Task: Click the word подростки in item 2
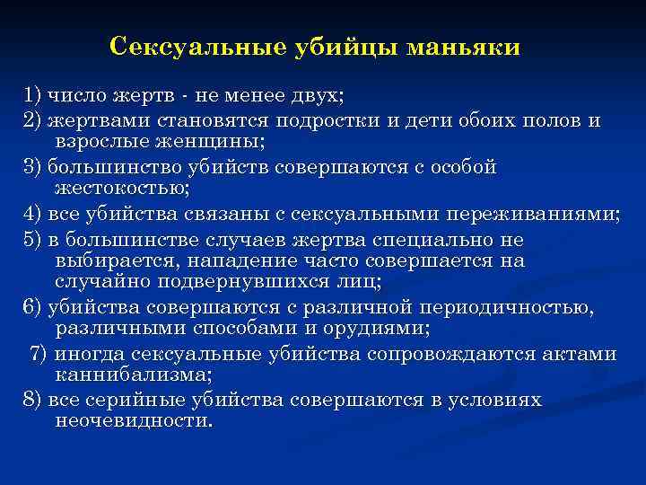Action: coord(356,120)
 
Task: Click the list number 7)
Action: coord(40,354)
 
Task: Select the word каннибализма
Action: coord(134,375)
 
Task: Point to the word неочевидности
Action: coord(134,420)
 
